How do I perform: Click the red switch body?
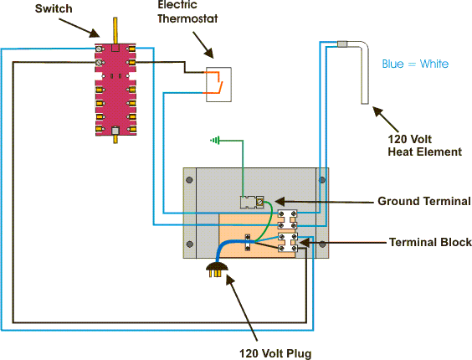pos(115,90)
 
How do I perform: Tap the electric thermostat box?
pos(218,85)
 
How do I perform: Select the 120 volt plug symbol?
pos(217,269)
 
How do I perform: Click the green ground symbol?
pos(215,141)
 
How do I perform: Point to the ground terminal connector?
pos(252,202)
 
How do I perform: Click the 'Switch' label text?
pos(54,8)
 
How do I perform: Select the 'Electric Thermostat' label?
pos(187,12)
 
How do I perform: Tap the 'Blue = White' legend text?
pos(415,64)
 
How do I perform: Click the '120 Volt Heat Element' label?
pos(424,146)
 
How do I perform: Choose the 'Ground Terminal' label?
pos(423,201)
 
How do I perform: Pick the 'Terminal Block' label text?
pos(430,242)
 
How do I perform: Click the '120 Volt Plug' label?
pos(275,353)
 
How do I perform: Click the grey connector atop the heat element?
pos(342,44)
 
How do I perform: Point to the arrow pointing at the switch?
pos(80,28)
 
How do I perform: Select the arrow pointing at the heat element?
pos(386,120)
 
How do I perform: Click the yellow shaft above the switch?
pos(115,30)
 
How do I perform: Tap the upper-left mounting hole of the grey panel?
pos(189,180)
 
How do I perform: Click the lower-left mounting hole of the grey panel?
pos(190,244)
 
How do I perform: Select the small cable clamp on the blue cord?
pos(248,242)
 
